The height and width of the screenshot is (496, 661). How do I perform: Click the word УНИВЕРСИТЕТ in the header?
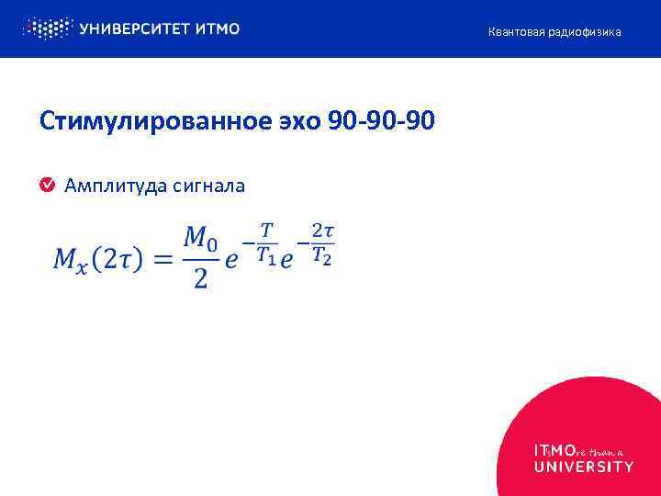(134, 29)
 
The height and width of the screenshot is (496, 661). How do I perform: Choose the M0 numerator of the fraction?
(200, 238)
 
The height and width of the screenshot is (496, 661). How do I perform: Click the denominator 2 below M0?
(200, 279)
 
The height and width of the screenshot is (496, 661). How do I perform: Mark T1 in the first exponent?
(266, 257)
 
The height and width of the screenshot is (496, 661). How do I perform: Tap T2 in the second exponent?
(321, 257)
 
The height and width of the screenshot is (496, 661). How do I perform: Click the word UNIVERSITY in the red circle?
(583, 467)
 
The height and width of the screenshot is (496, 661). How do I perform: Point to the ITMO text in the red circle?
(555, 451)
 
